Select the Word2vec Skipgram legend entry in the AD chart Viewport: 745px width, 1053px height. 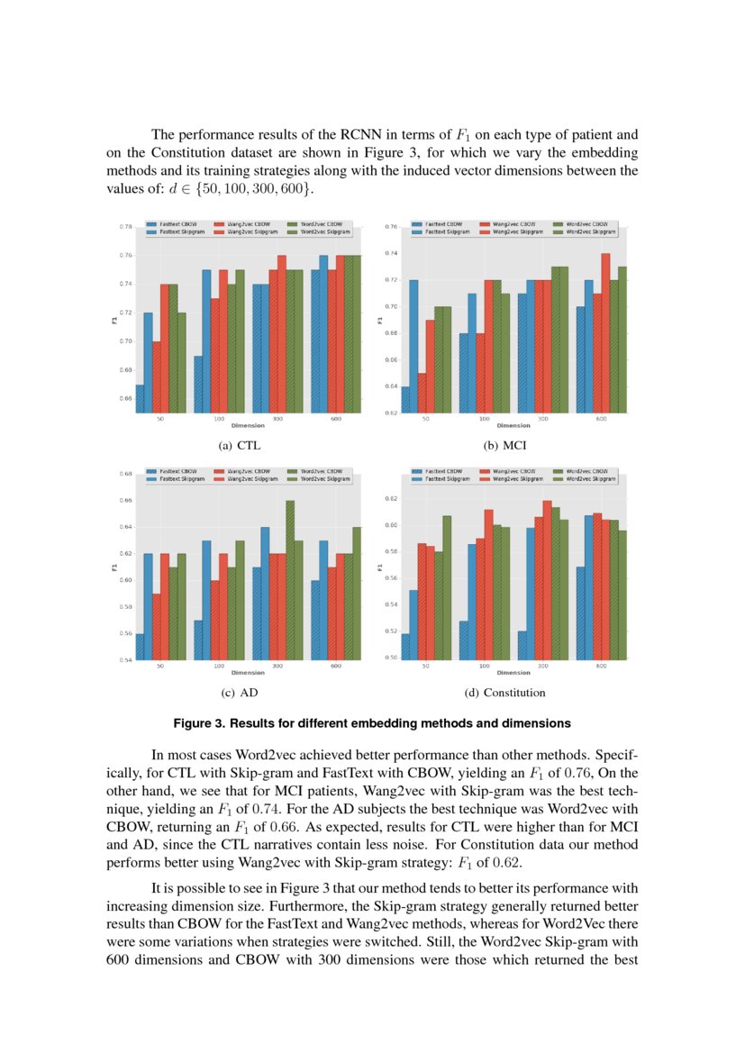[x=320, y=479]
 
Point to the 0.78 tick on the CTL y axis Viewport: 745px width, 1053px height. [x=126, y=227]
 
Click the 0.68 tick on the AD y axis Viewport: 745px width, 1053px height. [x=126, y=473]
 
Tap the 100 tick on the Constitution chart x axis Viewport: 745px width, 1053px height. [x=485, y=666]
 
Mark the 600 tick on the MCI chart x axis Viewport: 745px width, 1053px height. [x=601, y=419]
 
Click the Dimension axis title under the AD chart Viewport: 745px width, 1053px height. [x=248, y=673]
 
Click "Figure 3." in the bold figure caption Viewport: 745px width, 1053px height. [x=200, y=723]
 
